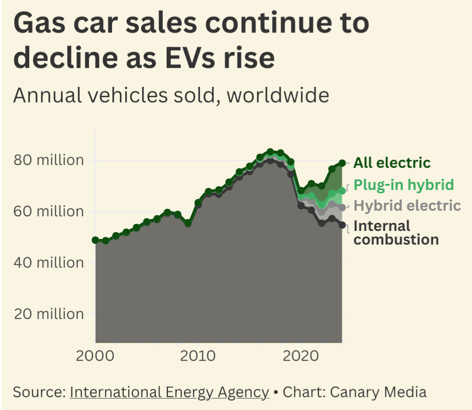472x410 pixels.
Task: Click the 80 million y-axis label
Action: coord(48,160)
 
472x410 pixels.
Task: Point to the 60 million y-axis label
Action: coord(48,212)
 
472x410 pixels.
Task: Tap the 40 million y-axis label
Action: coord(48,262)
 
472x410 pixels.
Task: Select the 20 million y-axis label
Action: coord(48,314)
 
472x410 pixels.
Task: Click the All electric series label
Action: coord(392,163)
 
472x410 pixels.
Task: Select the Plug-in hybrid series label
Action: coord(403,184)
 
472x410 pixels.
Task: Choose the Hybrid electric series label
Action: coord(407,205)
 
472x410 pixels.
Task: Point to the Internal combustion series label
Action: coord(396,232)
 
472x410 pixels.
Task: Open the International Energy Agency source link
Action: coord(169,392)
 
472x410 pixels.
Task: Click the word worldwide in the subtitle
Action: coord(278,95)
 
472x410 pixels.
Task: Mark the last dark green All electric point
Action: coord(342,163)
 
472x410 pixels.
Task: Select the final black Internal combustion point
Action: coord(342,225)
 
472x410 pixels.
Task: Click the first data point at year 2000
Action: coord(96,240)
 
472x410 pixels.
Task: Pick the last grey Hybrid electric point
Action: coord(342,207)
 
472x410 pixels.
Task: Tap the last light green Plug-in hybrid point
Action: coord(342,191)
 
